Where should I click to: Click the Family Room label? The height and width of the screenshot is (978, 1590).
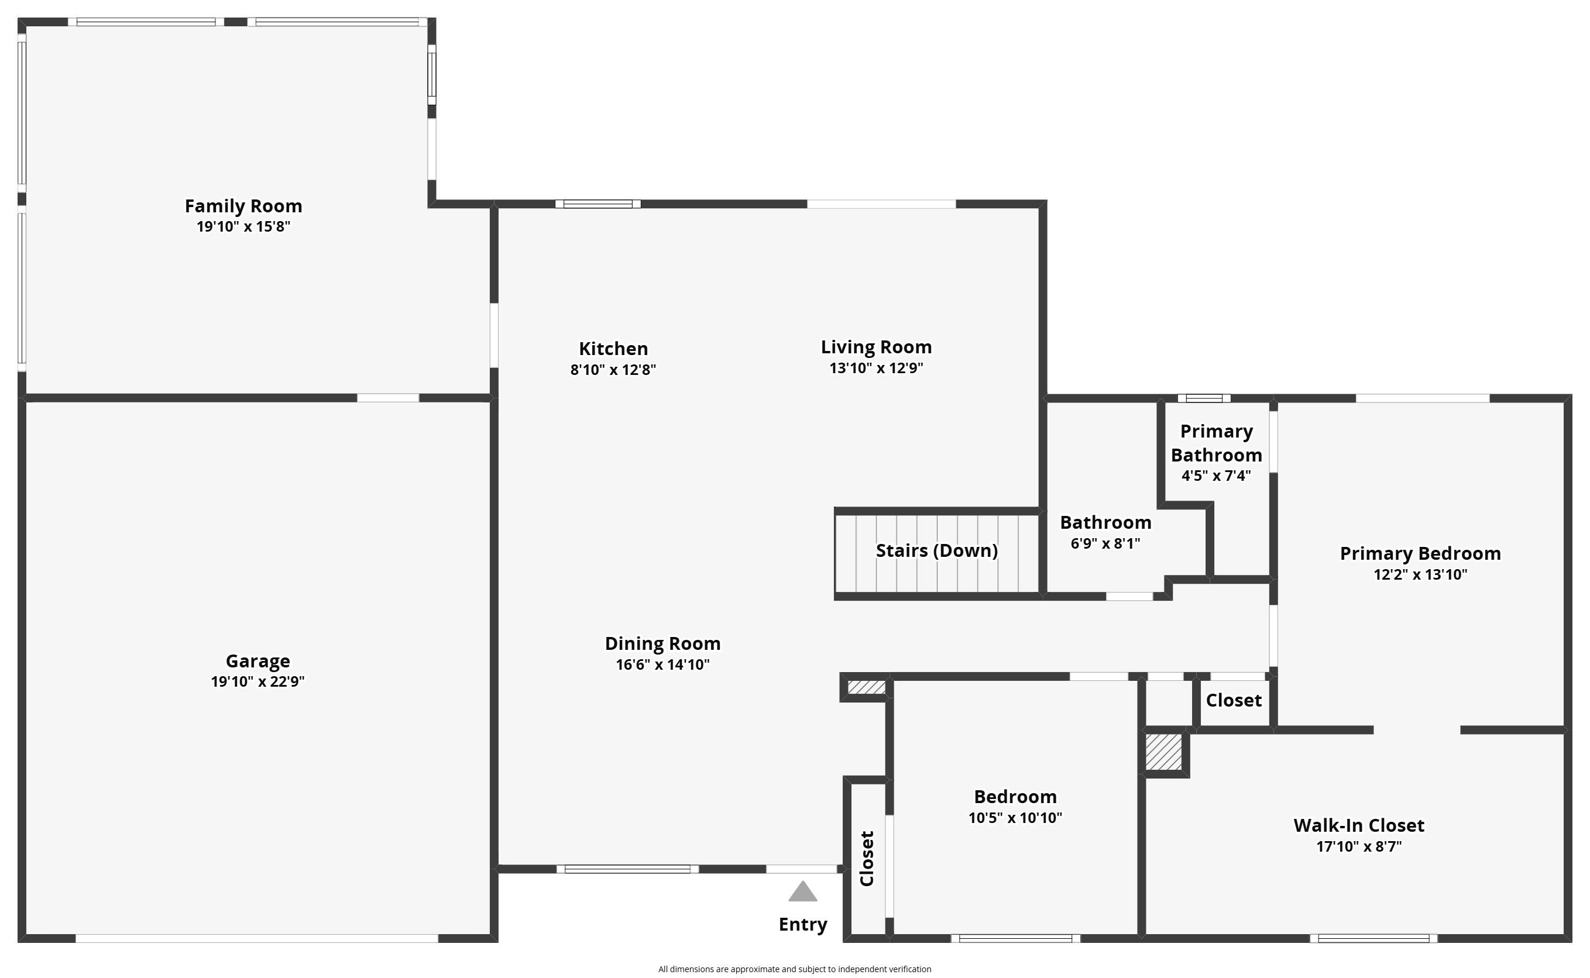[243, 206]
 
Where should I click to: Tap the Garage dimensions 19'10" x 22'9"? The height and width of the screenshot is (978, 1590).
[257, 681]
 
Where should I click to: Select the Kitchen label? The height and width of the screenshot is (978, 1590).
[613, 349]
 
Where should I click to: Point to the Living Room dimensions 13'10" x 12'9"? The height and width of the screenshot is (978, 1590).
[876, 367]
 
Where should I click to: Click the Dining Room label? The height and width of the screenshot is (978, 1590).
[662, 643]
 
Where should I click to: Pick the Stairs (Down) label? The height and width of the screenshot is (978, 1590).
[936, 550]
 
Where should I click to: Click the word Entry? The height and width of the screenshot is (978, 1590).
[803, 924]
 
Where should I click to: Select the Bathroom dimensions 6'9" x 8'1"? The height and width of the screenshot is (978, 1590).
[1105, 543]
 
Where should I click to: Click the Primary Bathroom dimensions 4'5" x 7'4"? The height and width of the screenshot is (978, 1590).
[1216, 476]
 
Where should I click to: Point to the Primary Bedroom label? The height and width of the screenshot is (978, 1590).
[1420, 554]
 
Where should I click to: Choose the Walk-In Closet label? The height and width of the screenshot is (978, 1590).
[1359, 825]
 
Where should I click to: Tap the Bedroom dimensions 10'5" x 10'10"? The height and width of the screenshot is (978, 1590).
[1015, 818]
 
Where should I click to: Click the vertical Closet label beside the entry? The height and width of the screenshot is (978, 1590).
[867, 858]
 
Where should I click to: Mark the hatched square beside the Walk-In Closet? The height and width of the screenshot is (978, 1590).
[1164, 752]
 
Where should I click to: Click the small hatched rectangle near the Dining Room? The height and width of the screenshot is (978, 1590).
[867, 687]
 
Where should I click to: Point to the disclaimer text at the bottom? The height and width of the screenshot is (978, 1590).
[795, 969]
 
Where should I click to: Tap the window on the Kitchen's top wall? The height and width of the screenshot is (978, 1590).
[598, 204]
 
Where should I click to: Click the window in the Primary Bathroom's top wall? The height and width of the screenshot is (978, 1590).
[1204, 398]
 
